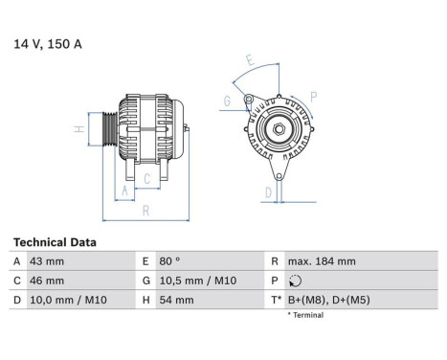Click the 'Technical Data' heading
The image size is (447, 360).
54,243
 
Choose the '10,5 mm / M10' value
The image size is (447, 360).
198,281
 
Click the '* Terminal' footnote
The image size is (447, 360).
303,315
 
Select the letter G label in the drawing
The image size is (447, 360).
226,100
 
